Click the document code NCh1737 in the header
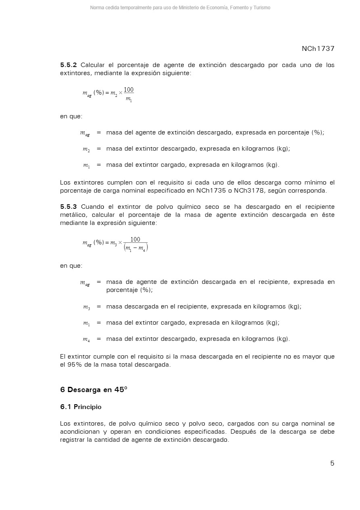[318, 49]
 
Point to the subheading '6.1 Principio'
[81, 407]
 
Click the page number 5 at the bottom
[332, 464]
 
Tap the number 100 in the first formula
[129, 89]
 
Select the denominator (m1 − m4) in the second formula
[136, 248]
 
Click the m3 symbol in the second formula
[113, 243]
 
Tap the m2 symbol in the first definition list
[86, 149]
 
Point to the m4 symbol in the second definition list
[86, 339]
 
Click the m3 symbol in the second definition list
[86, 307]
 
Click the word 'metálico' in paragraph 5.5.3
[74, 215]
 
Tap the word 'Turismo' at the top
[262, 8]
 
